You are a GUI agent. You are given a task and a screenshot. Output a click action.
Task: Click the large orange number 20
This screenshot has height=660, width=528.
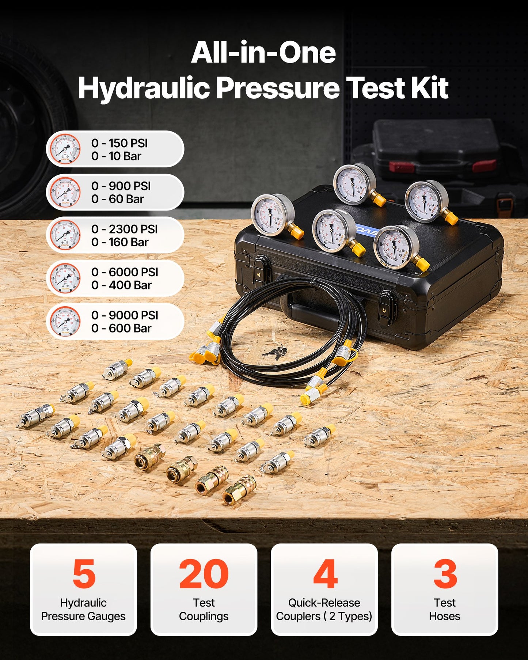pos(204,574)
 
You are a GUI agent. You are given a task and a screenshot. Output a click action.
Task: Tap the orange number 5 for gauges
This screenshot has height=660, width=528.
pos(84,574)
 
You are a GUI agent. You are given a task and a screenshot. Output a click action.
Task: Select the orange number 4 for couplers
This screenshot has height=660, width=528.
pos(325,574)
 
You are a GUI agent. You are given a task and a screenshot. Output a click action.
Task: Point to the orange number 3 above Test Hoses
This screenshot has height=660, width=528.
pos(445,574)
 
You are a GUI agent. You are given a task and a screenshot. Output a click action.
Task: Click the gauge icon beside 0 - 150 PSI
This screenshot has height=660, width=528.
pos(65,149)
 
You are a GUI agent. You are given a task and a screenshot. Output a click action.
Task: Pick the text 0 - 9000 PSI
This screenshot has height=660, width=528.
pos(125,315)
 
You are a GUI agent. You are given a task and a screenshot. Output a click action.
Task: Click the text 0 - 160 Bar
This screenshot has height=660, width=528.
pos(120,242)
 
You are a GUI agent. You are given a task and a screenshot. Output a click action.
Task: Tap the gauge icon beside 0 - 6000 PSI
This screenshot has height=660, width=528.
pos(65,278)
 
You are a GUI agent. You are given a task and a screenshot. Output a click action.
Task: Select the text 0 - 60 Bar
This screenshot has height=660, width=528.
pos(118,199)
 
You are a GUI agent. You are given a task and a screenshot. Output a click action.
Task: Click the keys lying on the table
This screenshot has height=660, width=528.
pos(275,351)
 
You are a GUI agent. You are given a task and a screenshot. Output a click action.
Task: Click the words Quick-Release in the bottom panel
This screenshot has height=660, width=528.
pos(324,603)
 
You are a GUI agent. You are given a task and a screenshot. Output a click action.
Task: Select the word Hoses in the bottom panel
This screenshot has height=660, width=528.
pos(444,616)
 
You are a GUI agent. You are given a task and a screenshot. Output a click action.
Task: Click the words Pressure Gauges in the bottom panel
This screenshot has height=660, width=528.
pos(83,616)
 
